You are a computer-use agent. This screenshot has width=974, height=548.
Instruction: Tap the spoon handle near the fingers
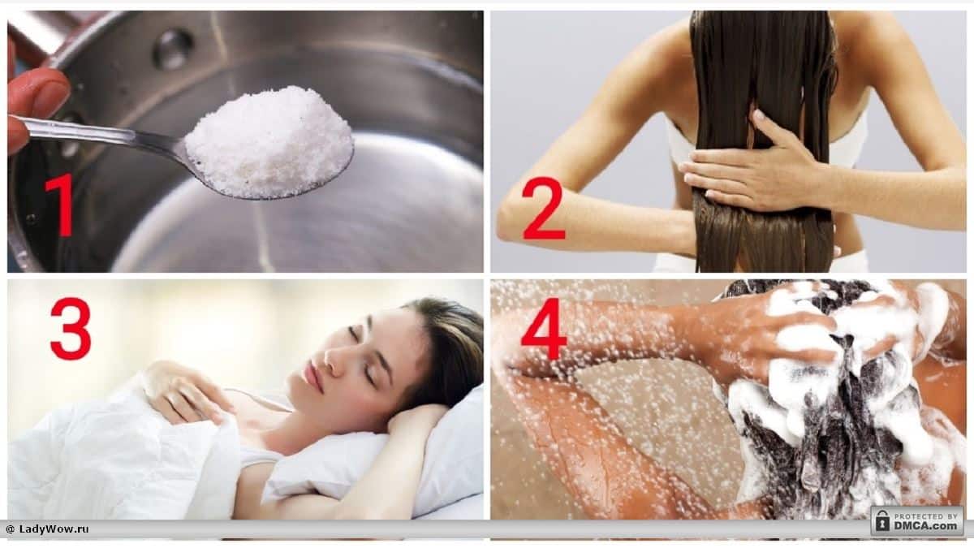point(87,132)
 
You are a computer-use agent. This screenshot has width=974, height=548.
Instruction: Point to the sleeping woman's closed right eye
point(356,334)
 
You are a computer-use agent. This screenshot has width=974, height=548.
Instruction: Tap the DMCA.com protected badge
point(917,520)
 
